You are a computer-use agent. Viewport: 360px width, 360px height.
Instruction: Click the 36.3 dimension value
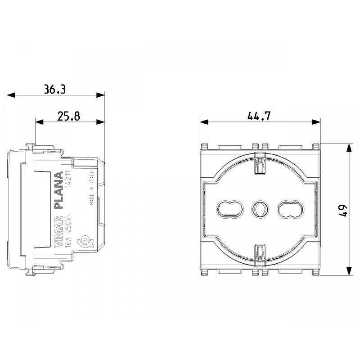(x=54, y=89)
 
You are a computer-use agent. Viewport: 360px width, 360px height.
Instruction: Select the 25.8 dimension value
(x=69, y=116)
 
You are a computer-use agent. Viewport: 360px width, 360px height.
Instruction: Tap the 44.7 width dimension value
(x=259, y=116)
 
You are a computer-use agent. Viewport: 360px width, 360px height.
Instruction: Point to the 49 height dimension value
(x=343, y=210)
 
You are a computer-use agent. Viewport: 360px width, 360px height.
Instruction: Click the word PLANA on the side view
(x=58, y=190)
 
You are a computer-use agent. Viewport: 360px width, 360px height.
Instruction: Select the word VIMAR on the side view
(x=58, y=231)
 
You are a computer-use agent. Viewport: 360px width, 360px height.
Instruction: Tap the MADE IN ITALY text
(x=92, y=188)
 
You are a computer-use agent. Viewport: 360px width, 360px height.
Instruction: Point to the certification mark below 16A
(x=85, y=241)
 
